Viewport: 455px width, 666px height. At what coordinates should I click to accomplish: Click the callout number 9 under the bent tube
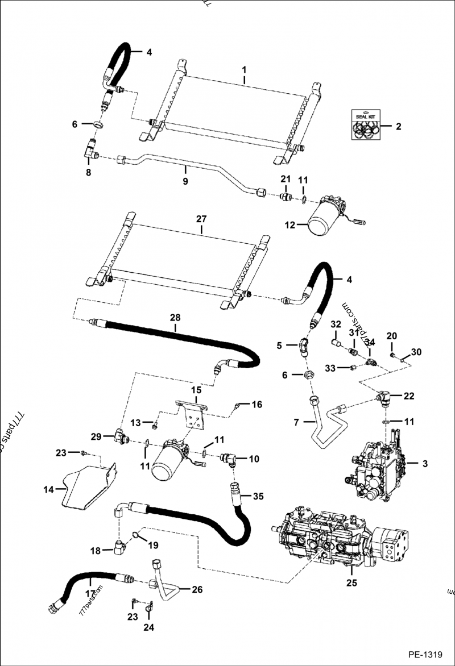[185, 184]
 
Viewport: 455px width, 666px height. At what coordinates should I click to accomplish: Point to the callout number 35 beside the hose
[258, 496]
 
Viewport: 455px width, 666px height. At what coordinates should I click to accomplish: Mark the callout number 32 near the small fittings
[335, 324]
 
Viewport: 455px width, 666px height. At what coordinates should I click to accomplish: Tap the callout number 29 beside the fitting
[96, 437]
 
